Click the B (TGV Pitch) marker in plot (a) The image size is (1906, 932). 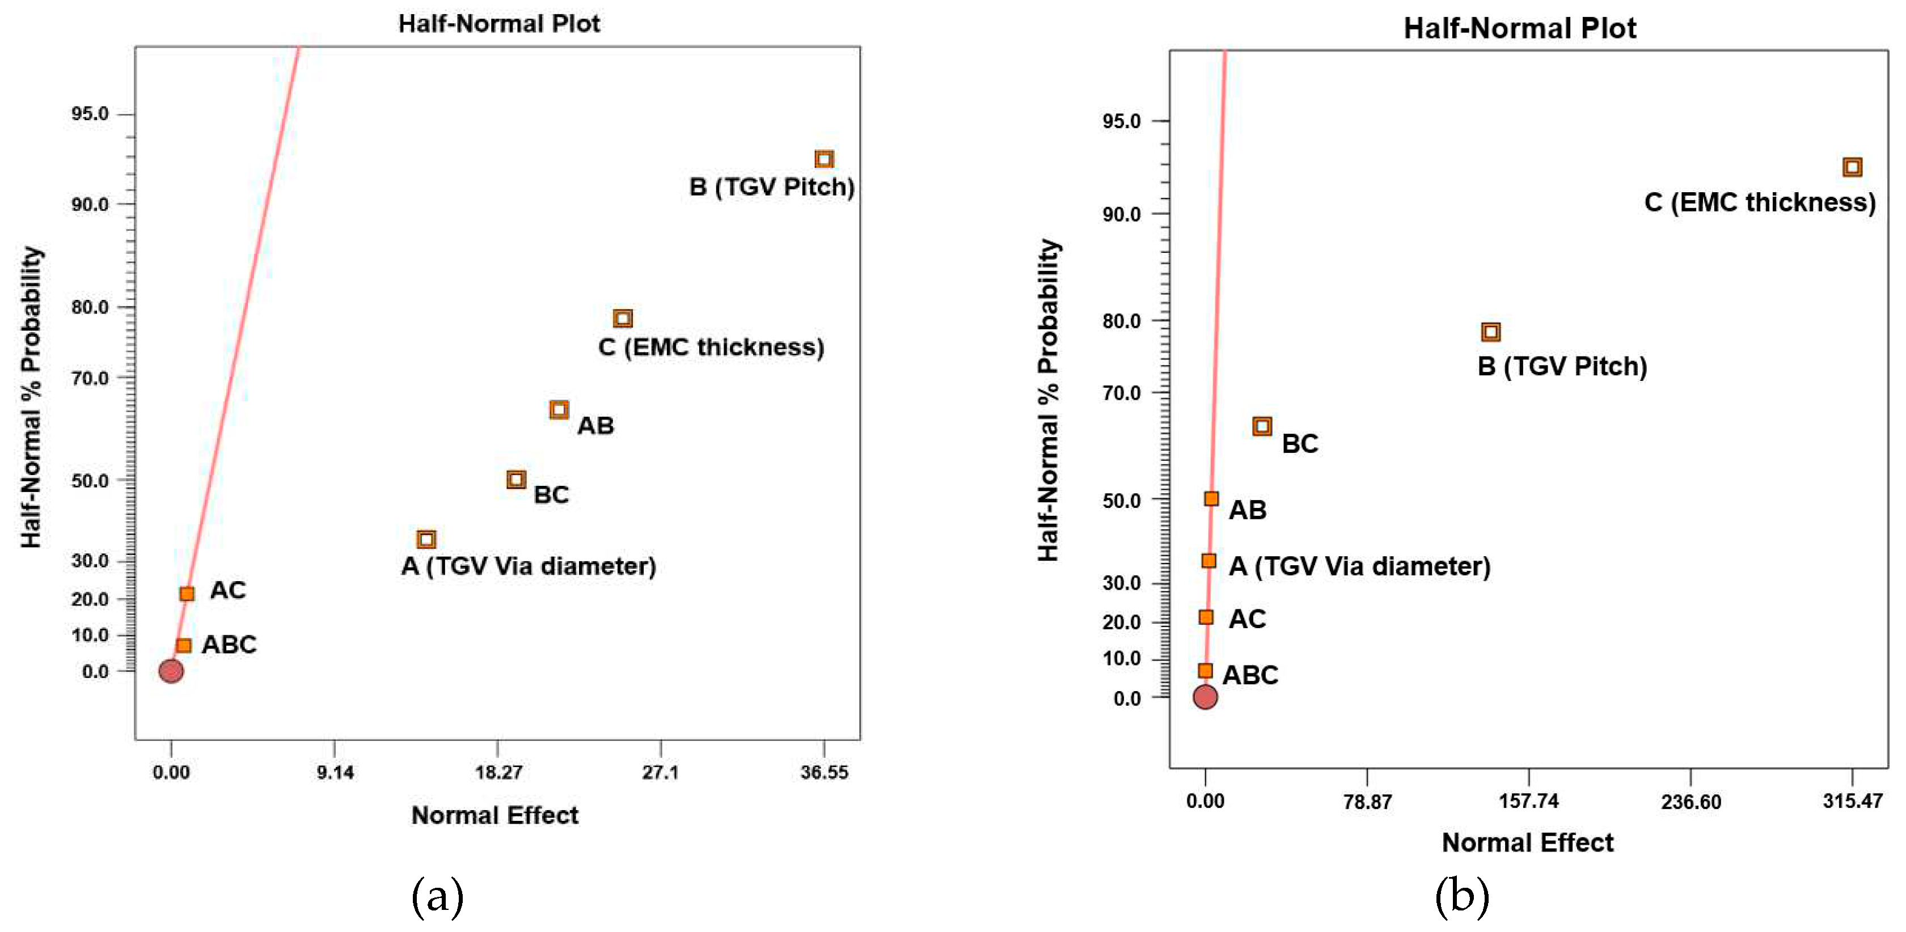coord(823,159)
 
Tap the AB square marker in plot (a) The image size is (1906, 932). coord(559,409)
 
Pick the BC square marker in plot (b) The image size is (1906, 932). coord(1262,426)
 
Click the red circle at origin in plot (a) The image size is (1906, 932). coord(171,671)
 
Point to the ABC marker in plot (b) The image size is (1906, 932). coord(1205,671)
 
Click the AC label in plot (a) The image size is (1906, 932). coord(227,590)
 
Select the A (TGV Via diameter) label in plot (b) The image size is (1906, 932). coord(1358,566)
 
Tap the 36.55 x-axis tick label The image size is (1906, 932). coord(823,773)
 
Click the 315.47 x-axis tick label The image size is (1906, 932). coord(1852,801)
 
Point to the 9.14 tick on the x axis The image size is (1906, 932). coord(335,773)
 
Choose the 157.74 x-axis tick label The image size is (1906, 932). coord(1529,801)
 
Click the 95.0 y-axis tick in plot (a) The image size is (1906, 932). coord(90,114)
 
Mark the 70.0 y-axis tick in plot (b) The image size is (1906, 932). coord(1121,393)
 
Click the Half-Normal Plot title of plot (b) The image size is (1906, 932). coord(1520,28)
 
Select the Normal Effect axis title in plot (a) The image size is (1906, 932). coord(495,815)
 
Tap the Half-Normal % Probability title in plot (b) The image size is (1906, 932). coord(1048,400)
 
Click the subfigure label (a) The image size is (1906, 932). coord(437,896)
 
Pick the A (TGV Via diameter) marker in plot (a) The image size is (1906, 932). coord(426,539)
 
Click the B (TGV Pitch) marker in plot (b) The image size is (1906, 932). coord(1491,332)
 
